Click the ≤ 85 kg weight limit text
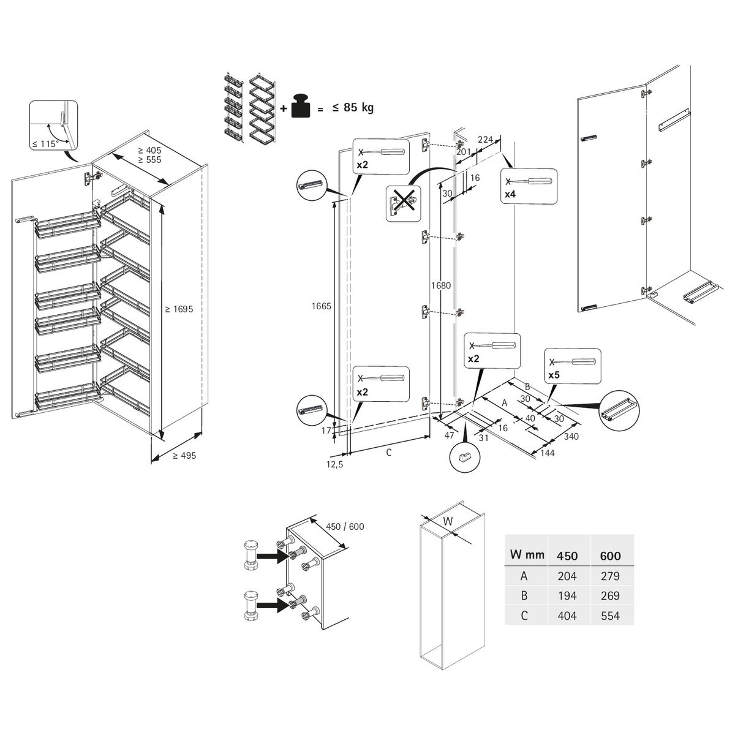[x=353, y=108]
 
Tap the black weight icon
[x=301, y=106]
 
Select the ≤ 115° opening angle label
[x=45, y=143]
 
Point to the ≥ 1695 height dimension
[x=179, y=309]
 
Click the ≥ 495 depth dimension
[x=184, y=456]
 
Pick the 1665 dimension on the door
[x=322, y=306]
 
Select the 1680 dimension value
[x=441, y=285]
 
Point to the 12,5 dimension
[x=335, y=465]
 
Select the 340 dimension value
[x=571, y=437]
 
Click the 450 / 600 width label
[x=345, y=526]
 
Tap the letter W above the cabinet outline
[x=448, y=521]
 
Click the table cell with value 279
[x=610, y=576]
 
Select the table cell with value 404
[x=567, y=616]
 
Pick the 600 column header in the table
[x=610, y=556]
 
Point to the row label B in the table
[x=524, y=595]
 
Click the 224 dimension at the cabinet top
[x=485, y=140]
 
